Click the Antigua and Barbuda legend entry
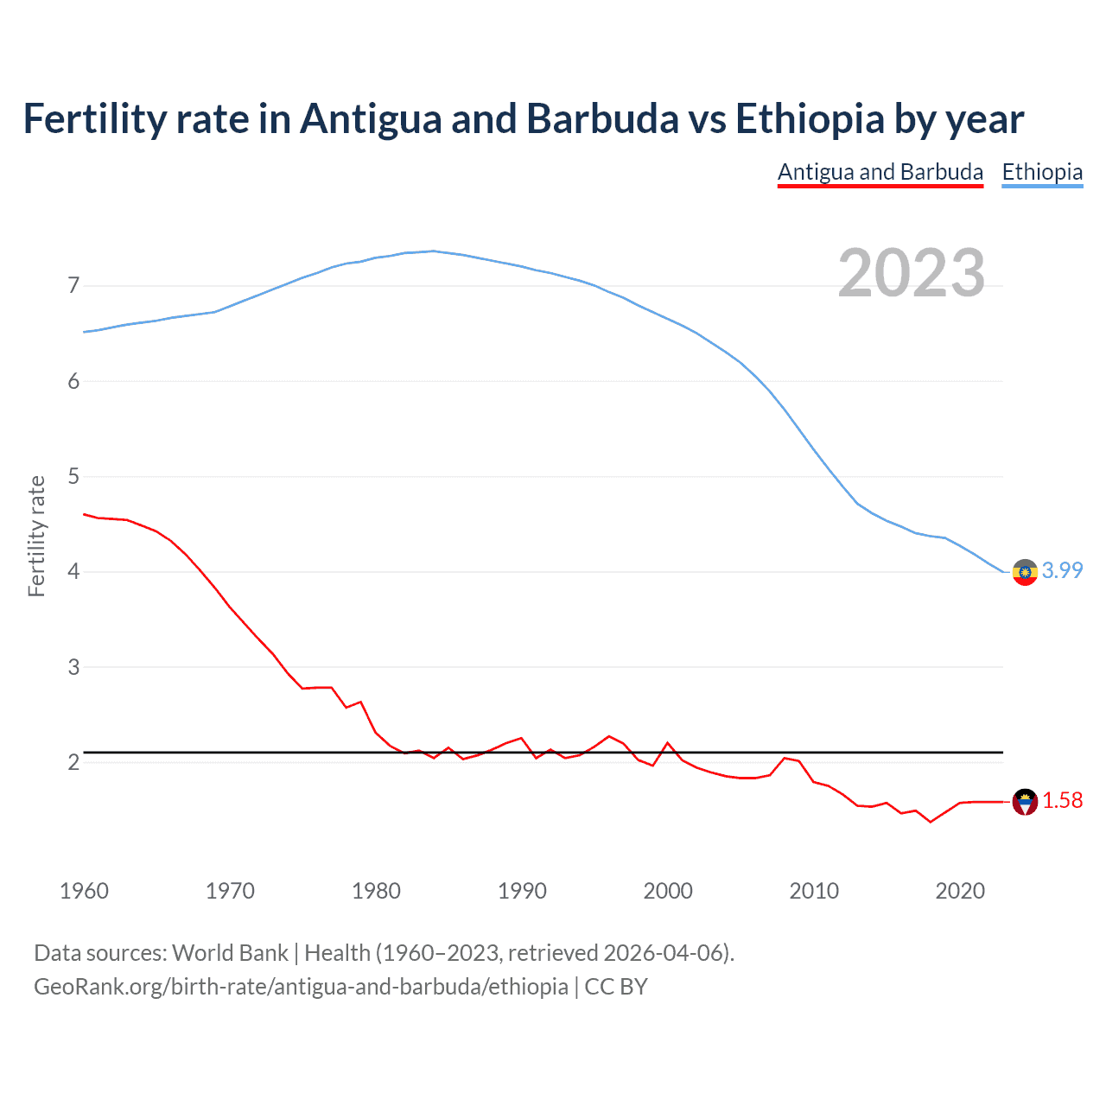(x=880, y=173)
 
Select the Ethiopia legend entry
(x=1042, y=173)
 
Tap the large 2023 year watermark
(x=911, y=273)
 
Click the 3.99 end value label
(x=1062, y=571)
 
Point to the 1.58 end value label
(x=1062, y=801)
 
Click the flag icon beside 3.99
(x=1025, y=572)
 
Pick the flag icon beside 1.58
(x=1025, y=802)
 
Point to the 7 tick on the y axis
(x=73, y=286)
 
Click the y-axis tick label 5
(x=73, y=477)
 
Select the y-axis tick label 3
(x=73, y=668)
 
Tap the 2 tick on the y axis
(x=73, y=763)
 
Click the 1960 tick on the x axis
(x=84, y=891)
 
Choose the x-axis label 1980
(x=376, y=891)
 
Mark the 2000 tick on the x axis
(x=668, y=891)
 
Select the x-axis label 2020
(x=960, y=891)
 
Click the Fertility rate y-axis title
(x=36, y=536)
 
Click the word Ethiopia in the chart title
(x=810, y=119)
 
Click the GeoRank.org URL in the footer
(x=301, y=987)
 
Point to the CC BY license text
(x=616, y=987)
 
